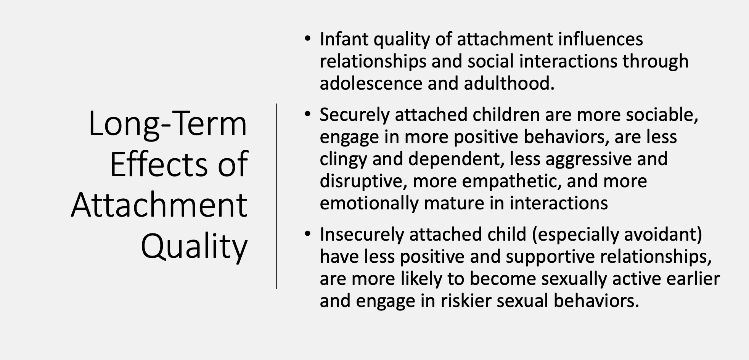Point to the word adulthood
coord(509,84)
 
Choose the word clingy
coord(343,159)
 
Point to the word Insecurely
coord(362,235)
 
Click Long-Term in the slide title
coord(168,124)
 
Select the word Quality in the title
coord(194,246)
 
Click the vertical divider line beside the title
coord(277,196)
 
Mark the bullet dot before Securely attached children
coord(308,114)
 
